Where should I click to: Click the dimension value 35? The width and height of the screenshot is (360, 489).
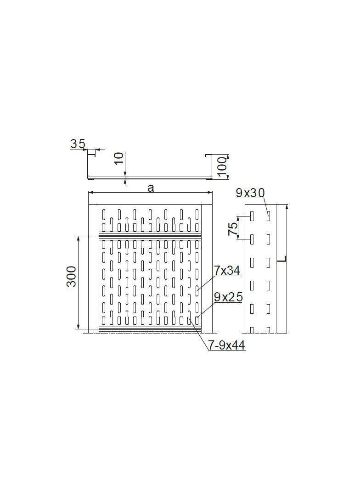(78, 144)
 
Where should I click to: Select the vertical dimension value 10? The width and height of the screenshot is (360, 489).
(118, 158)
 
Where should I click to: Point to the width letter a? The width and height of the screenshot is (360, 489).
(150, 187)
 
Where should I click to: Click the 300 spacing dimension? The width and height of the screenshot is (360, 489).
(72, 276)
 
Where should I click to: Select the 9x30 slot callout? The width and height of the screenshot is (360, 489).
(250, 193)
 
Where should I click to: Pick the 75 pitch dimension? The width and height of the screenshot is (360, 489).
(233, 228)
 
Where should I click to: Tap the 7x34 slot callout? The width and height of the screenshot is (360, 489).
(227, 271)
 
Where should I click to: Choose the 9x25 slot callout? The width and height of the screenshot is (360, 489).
(228, 297)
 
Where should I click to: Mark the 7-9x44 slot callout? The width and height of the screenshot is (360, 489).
(226, 346)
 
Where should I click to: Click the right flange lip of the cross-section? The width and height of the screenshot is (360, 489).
(208, 156)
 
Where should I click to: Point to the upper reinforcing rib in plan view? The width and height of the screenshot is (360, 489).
(150, 237)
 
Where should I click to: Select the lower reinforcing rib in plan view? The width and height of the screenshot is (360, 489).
(150, 327)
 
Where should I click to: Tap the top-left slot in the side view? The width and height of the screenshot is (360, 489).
(252, 215)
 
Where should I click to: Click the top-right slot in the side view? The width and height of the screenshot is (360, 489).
(268, 215)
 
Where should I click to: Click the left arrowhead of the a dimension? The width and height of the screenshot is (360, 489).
(90, 193)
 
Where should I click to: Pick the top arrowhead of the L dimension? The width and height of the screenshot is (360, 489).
(287, 207)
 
